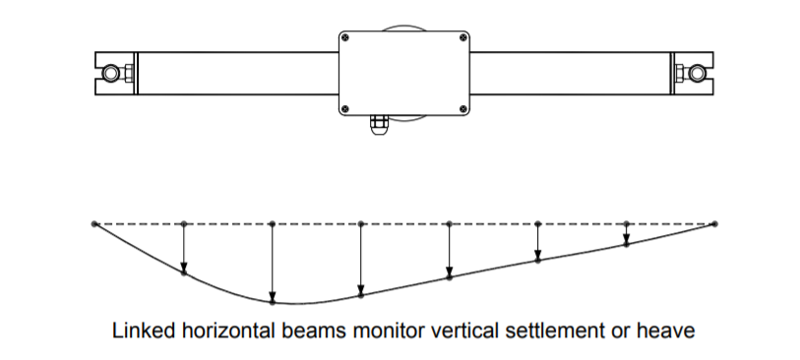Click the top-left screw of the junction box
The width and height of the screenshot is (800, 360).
click(x=345, y=38)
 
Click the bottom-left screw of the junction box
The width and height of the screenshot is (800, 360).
click(x=345, y=107)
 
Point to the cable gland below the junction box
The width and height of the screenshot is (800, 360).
click(x=377, y=126)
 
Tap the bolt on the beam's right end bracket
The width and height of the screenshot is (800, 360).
click(x=697, y=74)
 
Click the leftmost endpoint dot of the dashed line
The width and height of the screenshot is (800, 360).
click(x=94, y=224)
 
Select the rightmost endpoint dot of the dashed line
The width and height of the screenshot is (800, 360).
click(x=714, y=224)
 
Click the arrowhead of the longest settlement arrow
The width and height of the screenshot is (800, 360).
click(x=272, y=295)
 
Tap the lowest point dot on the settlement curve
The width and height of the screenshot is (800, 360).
click(x=272, y=301)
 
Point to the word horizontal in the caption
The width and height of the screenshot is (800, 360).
click(x=232, y=330)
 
